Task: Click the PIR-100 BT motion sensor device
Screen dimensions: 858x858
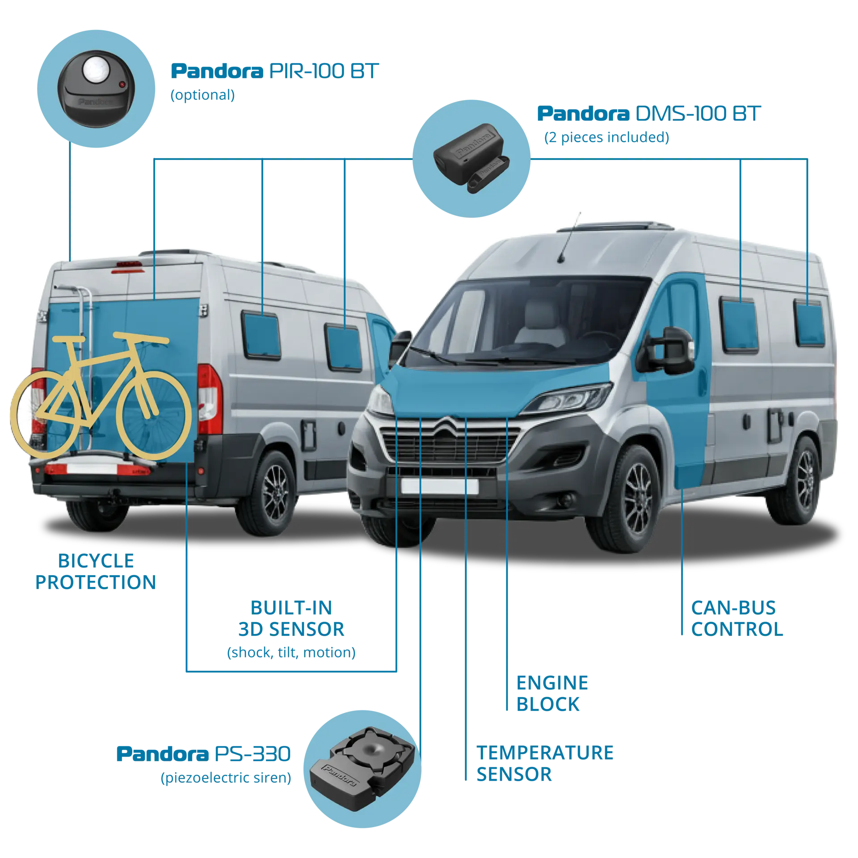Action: tap(96, 89)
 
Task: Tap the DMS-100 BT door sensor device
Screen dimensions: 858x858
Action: tap(471, 158)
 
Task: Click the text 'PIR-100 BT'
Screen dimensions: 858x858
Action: tap(324, 71)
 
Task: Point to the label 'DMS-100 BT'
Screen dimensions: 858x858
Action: tap(698, 114)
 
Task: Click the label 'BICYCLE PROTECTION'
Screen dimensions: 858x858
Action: tap(96, 572)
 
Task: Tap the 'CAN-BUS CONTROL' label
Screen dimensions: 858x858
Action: tap(737, 618)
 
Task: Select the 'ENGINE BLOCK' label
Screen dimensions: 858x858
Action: tap(552, 694)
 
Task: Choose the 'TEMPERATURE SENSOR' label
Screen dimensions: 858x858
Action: tap(545, 763)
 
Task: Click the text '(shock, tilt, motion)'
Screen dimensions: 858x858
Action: tap(291, 652)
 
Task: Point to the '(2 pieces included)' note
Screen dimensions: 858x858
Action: tap(606, 137)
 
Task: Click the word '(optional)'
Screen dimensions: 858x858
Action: tap(202, 95)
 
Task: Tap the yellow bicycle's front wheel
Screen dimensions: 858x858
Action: tap(155, 416)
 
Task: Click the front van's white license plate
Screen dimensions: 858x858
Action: tap(440, 486)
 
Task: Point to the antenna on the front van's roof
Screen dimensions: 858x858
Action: tap(570, 237)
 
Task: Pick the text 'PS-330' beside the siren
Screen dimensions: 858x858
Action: tap(253, 754)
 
